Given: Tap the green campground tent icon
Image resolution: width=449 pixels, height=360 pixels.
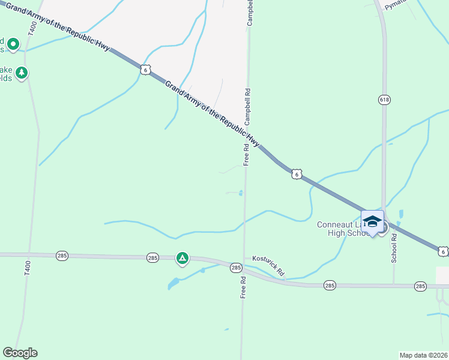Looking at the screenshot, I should tap(182, 259).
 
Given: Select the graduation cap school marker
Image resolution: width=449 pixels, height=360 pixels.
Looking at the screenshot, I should tap(372, 221).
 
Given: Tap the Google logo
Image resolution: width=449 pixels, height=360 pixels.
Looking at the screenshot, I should tap(20, 353).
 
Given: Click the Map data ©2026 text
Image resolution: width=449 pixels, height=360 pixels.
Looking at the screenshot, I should tap(423, 355).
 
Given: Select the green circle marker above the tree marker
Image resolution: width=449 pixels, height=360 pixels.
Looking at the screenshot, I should tap(13, 44).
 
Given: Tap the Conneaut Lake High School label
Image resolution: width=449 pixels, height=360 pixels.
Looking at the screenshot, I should tap(343, 229).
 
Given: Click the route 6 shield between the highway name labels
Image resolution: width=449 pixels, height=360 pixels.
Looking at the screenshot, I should tap(145, 70).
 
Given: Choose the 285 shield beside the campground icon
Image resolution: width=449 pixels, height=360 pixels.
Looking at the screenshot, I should tap(153, 257).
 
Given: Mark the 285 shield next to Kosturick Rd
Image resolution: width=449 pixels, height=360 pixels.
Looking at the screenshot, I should tap(236, 268).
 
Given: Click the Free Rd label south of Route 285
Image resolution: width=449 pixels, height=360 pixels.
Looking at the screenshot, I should tap(243, 287).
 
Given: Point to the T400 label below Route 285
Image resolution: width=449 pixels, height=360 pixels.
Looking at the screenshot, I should tap(27, 268).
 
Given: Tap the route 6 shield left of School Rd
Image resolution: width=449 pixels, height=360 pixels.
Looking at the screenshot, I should tap(297, 174).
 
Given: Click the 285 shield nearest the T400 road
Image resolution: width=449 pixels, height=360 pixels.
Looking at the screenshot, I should tap(62, 256).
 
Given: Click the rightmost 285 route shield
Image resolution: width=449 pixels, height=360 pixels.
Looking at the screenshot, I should tap(420, 287).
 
